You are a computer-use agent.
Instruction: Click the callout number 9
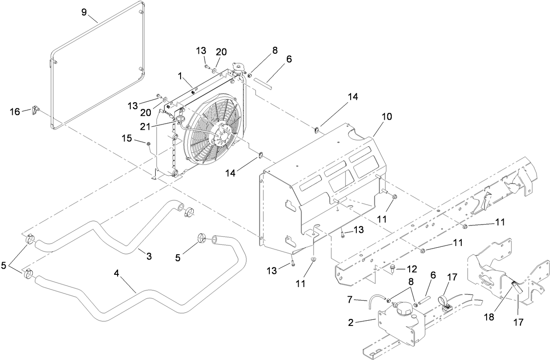pos(84,12)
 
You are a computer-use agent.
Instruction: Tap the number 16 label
pos(15,112)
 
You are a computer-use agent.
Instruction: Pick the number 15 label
pos(126,138)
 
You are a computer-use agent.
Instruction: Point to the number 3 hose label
pos(149,256)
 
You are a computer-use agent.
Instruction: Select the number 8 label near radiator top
pos(275,50)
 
